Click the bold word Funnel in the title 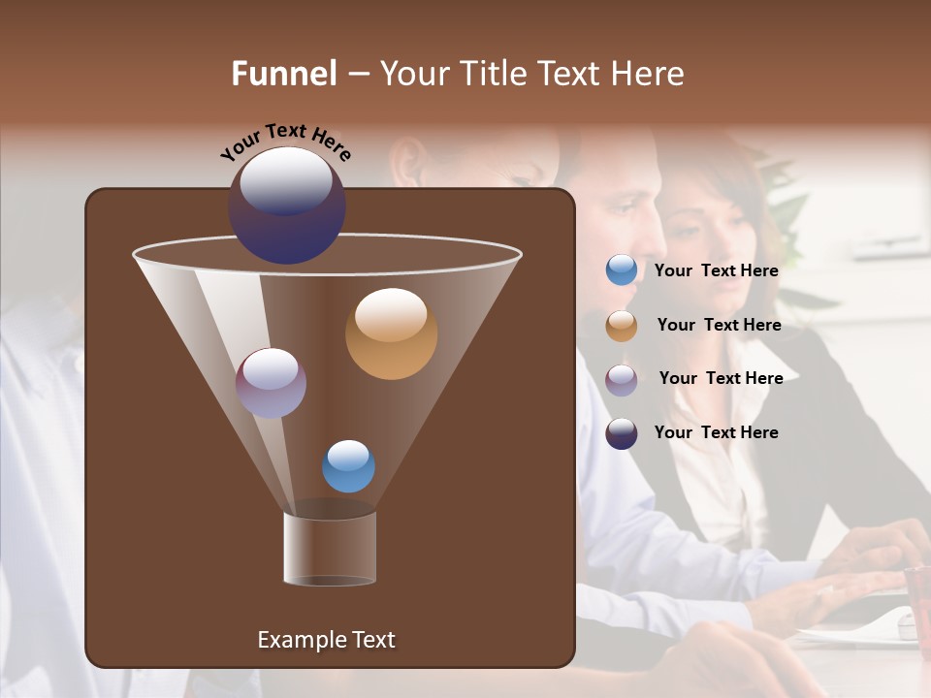[x=283, y=74]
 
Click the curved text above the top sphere [x=285, y=142]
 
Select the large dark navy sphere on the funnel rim [x=287, y=206]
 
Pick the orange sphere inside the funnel [x=391, y=333]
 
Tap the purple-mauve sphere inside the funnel [x=271, y=383]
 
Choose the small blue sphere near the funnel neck [x=348, y=466]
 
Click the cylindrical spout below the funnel [x=330, y=548]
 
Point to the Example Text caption [x=326, y=640]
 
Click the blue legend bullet [x=622, y=270]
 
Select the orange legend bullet [x=622, y=326]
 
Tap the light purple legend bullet [x=622, y=380]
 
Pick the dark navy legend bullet [x=622, y=433]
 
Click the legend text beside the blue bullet [x=716, y=270]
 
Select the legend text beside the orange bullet [x=719, y=325]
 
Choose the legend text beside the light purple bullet [x=721, y=378]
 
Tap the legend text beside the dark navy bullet [x=716, y=432]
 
